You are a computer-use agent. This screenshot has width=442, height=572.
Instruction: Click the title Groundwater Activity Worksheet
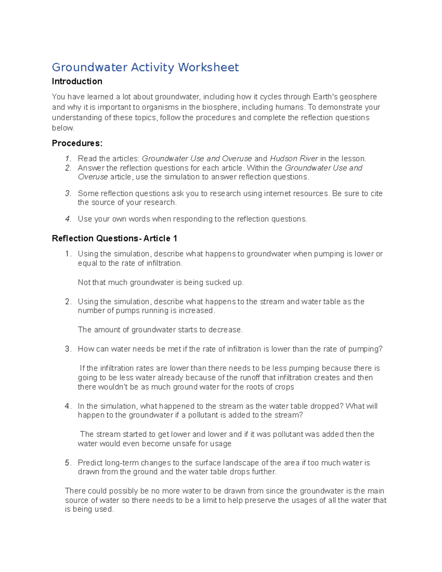(145, 67)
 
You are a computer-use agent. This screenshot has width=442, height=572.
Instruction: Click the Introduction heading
(77, 81)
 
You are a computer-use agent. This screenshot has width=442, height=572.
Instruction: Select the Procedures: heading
(77, 143)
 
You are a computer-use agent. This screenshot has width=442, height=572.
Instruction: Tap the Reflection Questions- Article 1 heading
(115, 239)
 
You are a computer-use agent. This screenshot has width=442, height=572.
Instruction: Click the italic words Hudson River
(294, 159)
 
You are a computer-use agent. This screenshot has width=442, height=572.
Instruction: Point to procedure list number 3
(67, 193)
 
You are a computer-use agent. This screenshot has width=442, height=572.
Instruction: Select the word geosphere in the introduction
(358, 97)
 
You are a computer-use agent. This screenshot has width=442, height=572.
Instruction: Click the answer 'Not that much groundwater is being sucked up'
(161, 283)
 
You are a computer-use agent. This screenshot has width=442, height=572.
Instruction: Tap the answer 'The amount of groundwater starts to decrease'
(160, 330)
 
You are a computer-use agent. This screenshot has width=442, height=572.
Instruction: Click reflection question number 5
(67, 463)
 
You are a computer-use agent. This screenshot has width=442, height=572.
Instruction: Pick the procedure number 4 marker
(67, 219)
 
